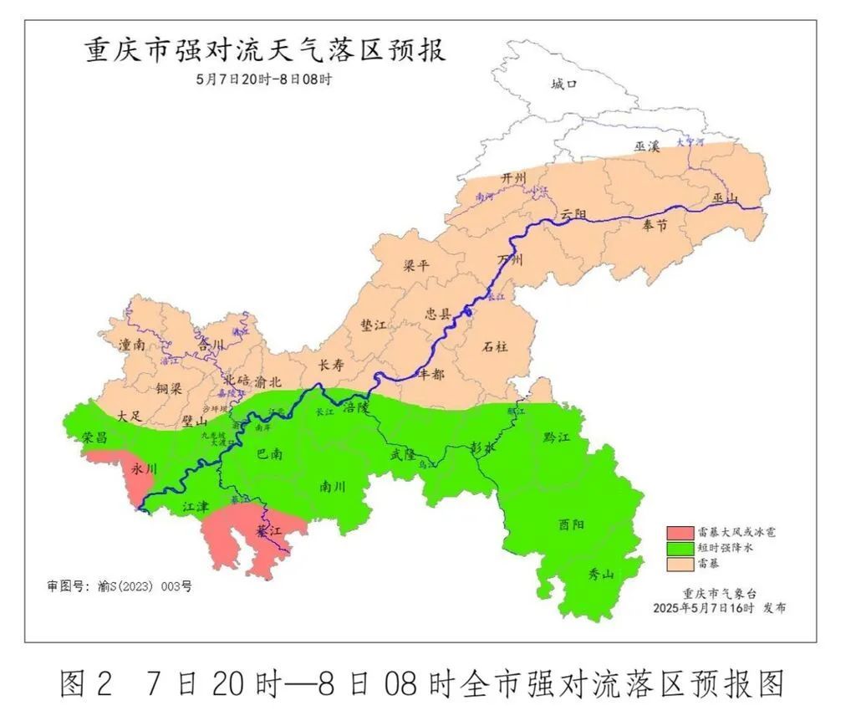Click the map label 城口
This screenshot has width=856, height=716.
[x=564, y=84]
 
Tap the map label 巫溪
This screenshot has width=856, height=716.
[x=646, y=146]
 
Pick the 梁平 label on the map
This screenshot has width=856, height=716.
[x=415, y=266]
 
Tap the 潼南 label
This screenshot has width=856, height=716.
[x=133, y=344]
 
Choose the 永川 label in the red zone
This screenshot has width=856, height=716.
[x=144, y=470]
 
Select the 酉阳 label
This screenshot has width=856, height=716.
[x=571, y=524]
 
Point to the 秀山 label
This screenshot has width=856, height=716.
[x=601, y=574]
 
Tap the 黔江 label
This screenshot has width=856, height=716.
[x=555, y=437]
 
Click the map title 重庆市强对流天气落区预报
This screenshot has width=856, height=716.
[x=265, y=50]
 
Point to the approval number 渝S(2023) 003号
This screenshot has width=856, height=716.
[x=120, y=586]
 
